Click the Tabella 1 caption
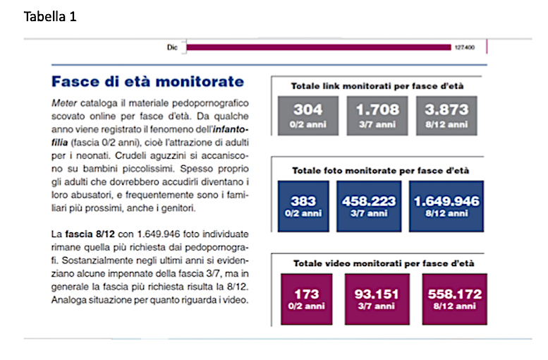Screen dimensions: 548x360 point(50,16)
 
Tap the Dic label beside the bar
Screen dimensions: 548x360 point(172,47)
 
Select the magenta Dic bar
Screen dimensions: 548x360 point(319,47)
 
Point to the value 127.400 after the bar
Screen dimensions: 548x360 point(465,47)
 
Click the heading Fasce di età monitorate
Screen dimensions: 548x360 point(148,81)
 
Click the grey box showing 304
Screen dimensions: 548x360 point(308,116)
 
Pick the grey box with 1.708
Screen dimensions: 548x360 point(377,116)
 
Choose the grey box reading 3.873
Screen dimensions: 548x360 point(446,116)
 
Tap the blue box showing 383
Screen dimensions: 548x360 point(303,206)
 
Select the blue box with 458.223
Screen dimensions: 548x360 point(369,206)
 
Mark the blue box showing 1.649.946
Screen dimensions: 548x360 point(446,206)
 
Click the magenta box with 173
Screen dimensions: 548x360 point(307,299)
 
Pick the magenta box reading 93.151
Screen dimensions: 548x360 point(377,299)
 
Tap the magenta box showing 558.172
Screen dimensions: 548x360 point(454,299)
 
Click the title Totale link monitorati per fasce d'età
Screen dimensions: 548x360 point(377,86)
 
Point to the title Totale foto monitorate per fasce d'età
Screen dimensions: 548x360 point(381,171)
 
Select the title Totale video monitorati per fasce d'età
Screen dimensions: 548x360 point(384,263)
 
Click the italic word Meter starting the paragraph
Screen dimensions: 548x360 point(64,103)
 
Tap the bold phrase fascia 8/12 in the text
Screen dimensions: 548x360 point(90,234)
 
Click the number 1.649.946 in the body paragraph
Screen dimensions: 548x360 point(158,234)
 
